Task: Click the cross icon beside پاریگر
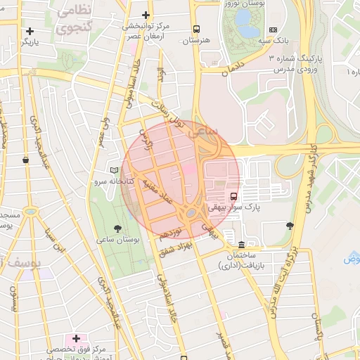(30, 31)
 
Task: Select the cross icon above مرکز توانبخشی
(146, 15)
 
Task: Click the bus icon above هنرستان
(196, 30)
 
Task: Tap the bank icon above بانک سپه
(273, 30)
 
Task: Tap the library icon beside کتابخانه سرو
(115, 170)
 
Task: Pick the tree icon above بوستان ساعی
(117, 228)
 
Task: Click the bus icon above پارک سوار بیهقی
(233, 196)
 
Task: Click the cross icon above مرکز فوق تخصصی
(76, 338)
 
